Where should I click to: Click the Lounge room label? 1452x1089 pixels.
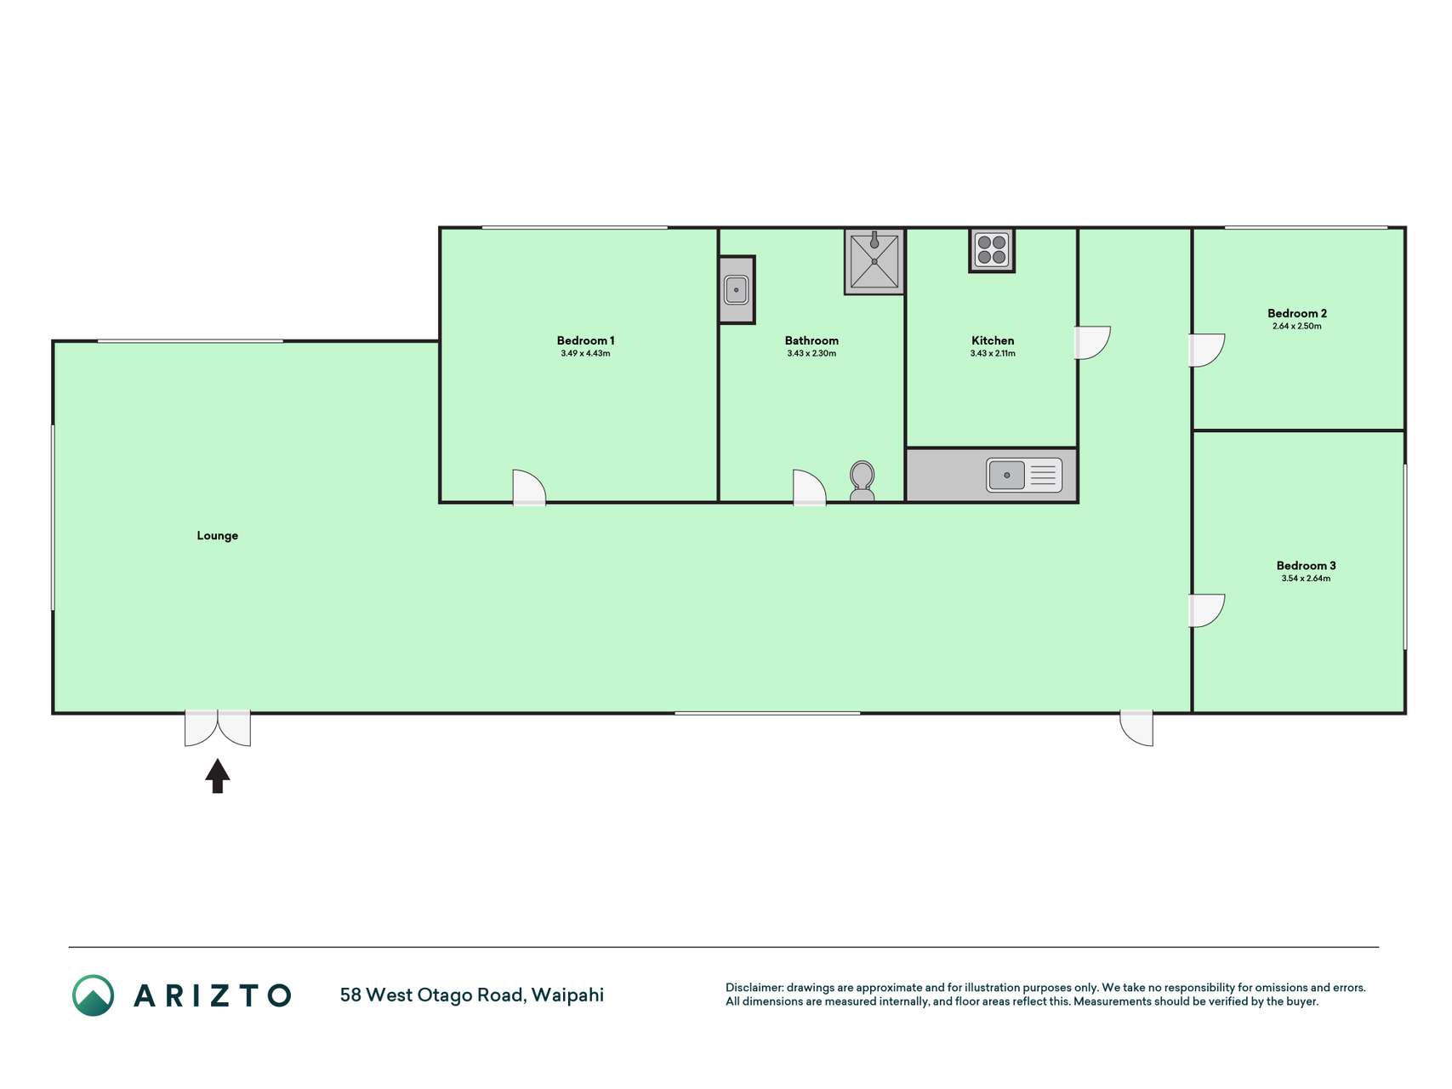[217, 535]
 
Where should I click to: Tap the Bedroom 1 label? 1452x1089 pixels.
[585, 340]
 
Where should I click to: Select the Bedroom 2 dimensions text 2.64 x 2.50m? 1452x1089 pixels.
[1296, 326]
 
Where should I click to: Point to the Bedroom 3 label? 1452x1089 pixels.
[1306, 565]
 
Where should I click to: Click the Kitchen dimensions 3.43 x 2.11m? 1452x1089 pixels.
[993, 353]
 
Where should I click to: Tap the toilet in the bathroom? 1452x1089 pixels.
[862, 482]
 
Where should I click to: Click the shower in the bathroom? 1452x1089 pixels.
[874, 261]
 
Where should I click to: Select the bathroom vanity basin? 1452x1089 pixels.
[737, 290]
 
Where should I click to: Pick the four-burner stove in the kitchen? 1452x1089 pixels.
[992, 249]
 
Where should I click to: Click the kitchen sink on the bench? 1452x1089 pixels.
[1024, 475]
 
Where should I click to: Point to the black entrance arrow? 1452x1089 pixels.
[218, 776]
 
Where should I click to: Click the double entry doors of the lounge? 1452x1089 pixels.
[218, 728]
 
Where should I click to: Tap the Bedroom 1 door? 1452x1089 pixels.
[529, 487]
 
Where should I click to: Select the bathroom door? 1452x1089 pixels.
[809, 487]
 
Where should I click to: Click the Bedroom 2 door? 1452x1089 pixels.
[1206, 351]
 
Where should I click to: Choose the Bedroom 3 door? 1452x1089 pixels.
[1206, 611]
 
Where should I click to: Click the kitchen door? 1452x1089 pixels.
[1093, 343]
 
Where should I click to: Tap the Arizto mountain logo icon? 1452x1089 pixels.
[93, 995]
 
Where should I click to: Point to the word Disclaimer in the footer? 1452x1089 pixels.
[754, 988]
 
